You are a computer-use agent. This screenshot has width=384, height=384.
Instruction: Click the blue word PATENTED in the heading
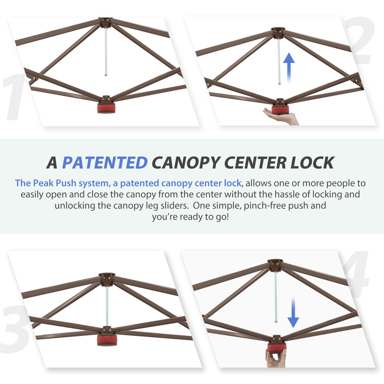(x=105, y=163)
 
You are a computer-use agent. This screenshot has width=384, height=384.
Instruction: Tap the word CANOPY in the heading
(x=186, y=163)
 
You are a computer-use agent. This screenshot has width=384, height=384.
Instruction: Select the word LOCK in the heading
(x=312, y=163)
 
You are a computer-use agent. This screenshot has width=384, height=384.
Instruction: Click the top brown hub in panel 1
(x=105, y=22)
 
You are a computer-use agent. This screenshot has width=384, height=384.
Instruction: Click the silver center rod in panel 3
(x=107, y=305)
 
